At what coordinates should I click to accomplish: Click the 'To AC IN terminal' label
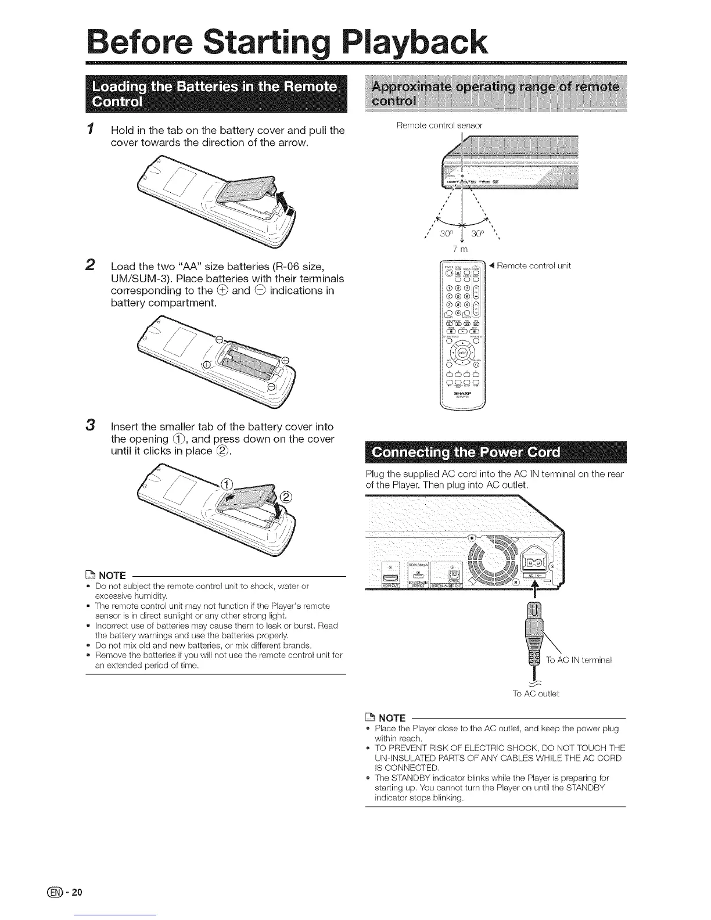click(579, 660)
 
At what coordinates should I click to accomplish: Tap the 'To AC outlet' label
click(535, 693)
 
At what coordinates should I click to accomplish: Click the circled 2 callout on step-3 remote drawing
click(288, 497)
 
